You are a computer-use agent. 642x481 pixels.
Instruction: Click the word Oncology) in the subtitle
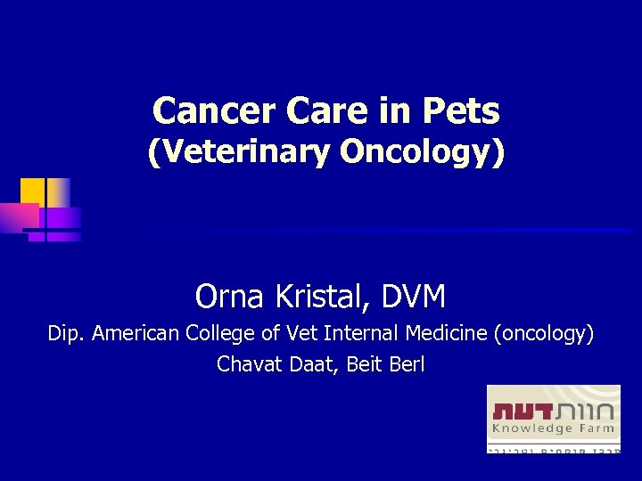pyautogui.click(x=422, y=153)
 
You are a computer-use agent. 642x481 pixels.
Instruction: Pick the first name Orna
pyautogui.click(x=224, y=296)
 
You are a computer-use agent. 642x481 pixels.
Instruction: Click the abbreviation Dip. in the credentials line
pyautogui.click(x=67, y=334)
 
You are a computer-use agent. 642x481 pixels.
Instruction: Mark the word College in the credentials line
pyautogui.click(x=222, y=334)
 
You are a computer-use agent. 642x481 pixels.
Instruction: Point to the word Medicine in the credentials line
pyautogui.click(x=446, y=334)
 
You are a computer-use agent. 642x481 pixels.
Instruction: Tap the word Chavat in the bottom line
pyautogui.click(x=246, y=364)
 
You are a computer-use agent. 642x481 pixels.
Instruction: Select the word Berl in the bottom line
pyautogui.click(x=406, y=364)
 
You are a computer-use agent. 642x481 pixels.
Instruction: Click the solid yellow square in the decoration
pyautogui.click(x=32, y=191)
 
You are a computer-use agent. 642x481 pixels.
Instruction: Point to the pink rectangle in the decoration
pyautogui.click(x=19, y=217)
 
